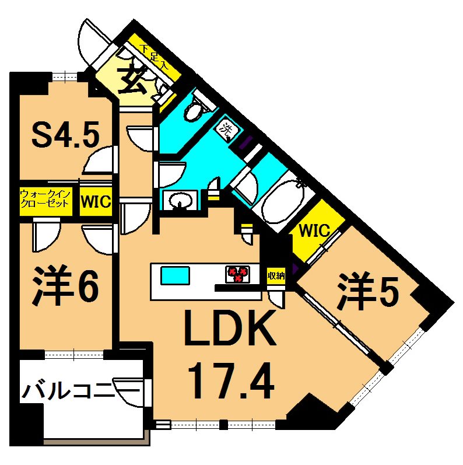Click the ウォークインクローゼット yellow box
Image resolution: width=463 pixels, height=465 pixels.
[x=45, y=201]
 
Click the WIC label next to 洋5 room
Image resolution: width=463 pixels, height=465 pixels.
[x=314, y=230]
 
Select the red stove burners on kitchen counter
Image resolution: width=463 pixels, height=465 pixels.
[x=238, y=273]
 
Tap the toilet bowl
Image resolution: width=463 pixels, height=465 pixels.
[x=193, y=111]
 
